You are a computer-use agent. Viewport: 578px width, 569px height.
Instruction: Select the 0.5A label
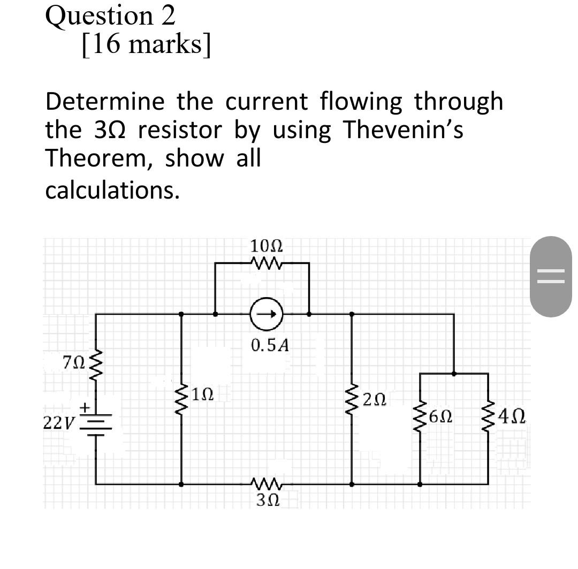270,345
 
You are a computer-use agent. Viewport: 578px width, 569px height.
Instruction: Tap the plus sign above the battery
84,408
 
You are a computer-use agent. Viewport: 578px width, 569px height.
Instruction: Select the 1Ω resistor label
203,394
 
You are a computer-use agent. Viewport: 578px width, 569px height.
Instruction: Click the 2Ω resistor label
373,399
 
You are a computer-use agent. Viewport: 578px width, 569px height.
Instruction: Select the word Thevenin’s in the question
402,130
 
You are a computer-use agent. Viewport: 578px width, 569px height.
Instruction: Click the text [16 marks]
146,45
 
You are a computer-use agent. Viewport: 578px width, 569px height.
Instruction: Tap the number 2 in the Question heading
167,16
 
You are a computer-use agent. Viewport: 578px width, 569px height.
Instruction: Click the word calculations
112,191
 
